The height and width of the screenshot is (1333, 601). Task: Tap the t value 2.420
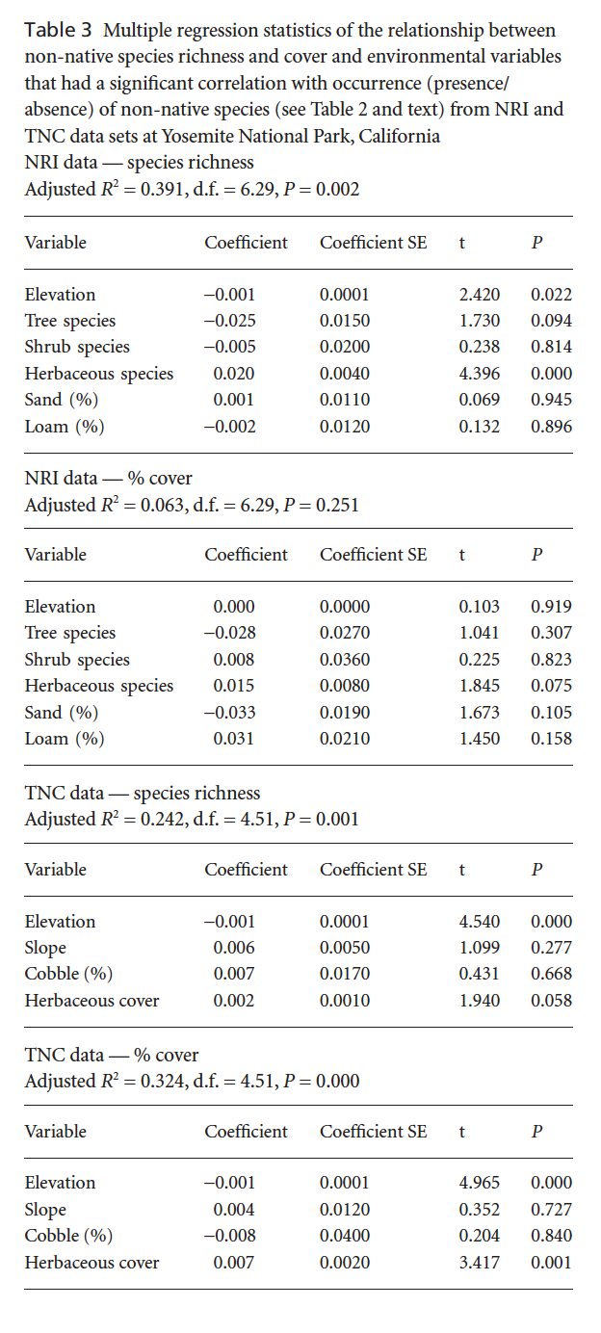click(x=479, y=295)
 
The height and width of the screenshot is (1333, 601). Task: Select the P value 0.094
click(x=551, y=321)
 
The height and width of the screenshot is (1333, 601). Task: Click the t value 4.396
click(x=479, y=374)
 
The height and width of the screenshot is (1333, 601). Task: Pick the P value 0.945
click(x=551, y=400)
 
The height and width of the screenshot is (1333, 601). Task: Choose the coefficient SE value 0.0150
click(x=344, y=321)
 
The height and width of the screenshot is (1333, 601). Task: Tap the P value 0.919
click(x=551, y=607)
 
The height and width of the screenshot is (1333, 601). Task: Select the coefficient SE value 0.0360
click(x=344, y=660)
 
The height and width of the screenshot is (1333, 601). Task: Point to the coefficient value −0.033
click(x=234, y=713)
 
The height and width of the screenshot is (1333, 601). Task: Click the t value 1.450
click(x=479, y=739)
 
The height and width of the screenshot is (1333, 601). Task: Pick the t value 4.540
click(x=479, y=922)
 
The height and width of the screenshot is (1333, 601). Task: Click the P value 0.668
click(x=551, y=974)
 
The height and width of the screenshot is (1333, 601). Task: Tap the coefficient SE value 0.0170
click(x=344, y=974)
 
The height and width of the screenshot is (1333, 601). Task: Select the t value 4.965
click(x=479, y=1183)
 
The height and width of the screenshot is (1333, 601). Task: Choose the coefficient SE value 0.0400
click(x=344, y=1236)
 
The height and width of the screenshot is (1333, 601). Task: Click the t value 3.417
click(x=479, y=1262)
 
